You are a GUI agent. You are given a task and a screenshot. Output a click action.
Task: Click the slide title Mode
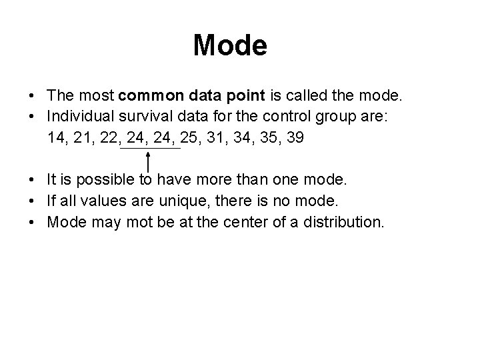(230, 45)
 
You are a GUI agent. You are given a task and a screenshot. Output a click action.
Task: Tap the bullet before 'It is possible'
(31, 179)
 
